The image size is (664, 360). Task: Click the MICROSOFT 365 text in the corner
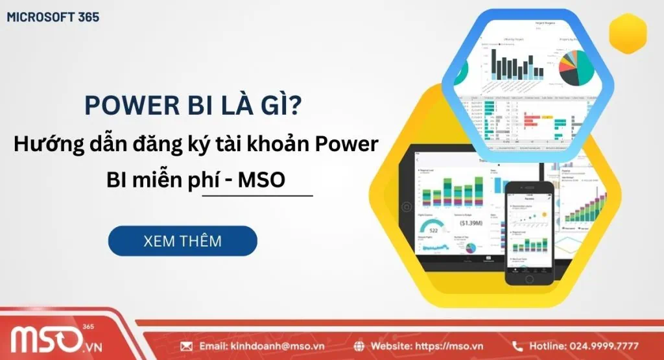coord(53,18)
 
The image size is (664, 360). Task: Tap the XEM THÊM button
coord(182,241)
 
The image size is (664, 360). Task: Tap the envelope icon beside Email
coord(187,346)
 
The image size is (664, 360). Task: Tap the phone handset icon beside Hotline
coord(517,346)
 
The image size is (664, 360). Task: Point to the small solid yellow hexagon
coord(628,34)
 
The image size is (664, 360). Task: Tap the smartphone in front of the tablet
coord(529,233)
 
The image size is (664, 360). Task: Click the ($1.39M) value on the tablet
coord(469,222)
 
